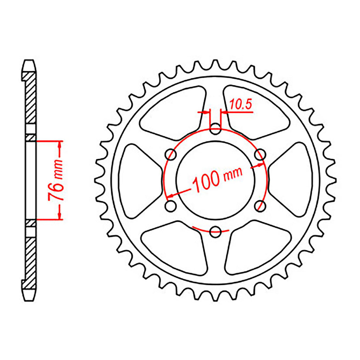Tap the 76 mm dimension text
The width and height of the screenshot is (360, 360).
point(56,180)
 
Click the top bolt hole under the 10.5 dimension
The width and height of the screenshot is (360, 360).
point(215,130)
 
